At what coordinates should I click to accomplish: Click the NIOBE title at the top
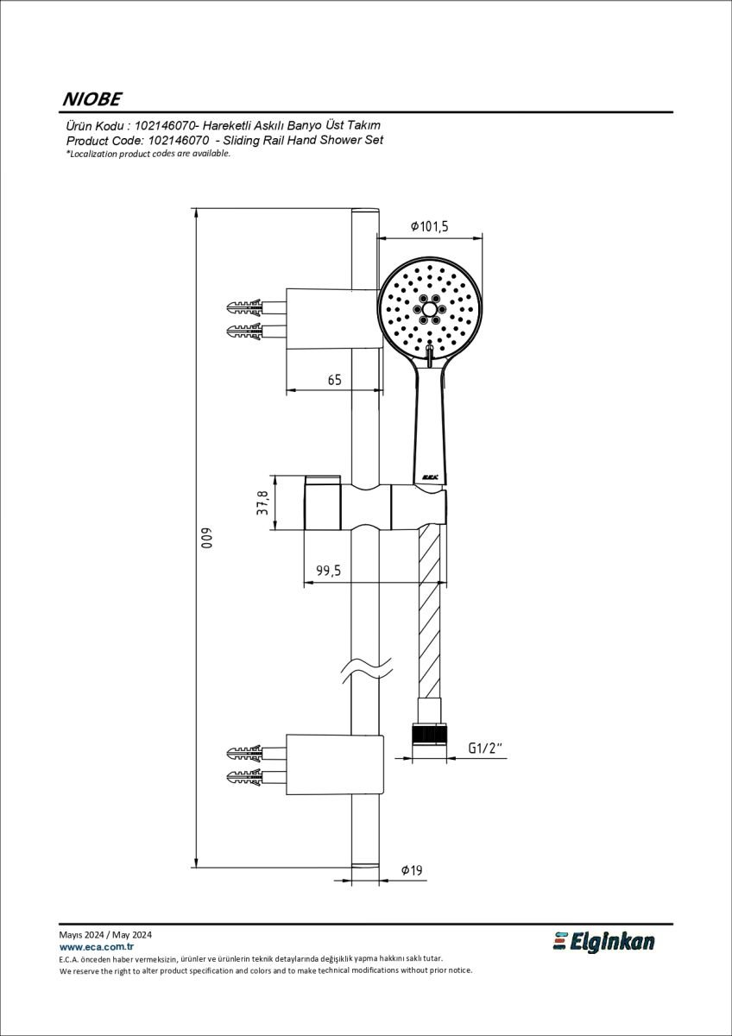92,99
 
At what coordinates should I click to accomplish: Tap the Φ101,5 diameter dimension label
430,226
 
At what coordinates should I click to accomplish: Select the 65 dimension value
334,380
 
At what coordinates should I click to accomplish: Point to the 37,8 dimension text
262,502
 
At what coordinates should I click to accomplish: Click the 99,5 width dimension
328,571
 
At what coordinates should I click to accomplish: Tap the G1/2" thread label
485,748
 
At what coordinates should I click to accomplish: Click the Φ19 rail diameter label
412,870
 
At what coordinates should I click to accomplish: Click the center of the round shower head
430,309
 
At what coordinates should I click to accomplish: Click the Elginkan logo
603,942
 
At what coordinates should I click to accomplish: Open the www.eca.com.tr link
97,947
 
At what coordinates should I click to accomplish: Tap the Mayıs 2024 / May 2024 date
105,935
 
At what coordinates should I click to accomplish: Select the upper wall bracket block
335,319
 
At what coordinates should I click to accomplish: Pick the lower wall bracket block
335,765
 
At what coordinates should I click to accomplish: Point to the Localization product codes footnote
148,154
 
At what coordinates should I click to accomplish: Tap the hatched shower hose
429,614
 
